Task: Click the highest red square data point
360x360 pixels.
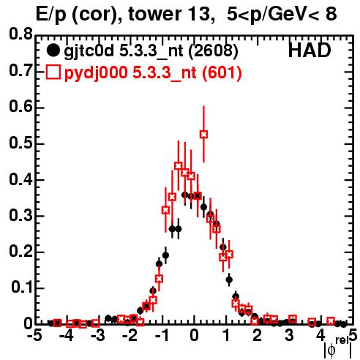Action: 203,134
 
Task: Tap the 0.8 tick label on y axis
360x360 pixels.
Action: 20,34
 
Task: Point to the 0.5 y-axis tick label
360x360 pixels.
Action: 20,143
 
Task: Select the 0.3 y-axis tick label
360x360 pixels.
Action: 20,216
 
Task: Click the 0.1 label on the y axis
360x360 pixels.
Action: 21,288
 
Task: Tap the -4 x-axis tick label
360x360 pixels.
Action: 67,336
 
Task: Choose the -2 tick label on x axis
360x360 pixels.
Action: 130,336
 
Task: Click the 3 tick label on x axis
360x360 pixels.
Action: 289,336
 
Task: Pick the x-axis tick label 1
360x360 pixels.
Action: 226,336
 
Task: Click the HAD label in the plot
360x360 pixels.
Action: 310,50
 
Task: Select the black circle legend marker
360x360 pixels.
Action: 53,50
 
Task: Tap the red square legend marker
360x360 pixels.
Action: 53,72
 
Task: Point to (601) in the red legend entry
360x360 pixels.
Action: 222,73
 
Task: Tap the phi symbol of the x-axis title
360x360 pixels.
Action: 331,351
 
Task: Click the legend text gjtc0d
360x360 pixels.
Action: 89,51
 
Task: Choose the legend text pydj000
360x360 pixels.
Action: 96,73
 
